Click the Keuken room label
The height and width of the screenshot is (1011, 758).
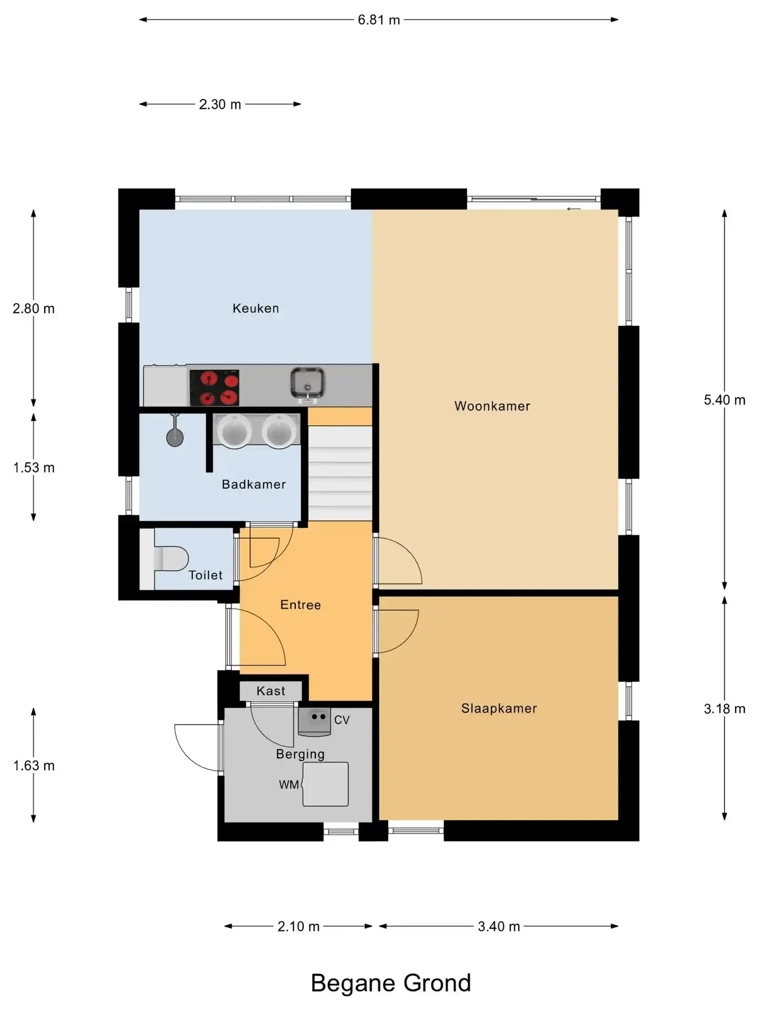pyautogui.click(x=256, y=309)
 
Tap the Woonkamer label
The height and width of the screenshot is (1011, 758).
pyautogui.click(x=492, y=406)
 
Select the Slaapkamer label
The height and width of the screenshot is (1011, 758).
pyautogui.click(x=499, y=709)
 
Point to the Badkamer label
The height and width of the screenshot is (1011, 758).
pyautogui.click(x=254, y=484)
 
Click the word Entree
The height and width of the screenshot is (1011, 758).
pyautogui.click(x=301, y=605)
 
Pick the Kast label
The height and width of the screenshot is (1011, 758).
pyautogui.click(x=271, y=691)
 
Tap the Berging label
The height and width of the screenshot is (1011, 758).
pyautogui.click(x=301, y=755)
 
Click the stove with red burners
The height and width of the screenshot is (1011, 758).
pyautogui.click(x=214, y=388)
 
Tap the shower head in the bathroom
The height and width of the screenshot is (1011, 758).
pyautogui.click(x=175, y=432)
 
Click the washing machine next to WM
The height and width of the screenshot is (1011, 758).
pyautogui.click(x=325, y=784)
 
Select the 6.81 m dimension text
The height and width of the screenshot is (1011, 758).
pyautogui.click(x=379, y=20)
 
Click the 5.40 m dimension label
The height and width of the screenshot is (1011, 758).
pyautogui.click(x=725, y=400)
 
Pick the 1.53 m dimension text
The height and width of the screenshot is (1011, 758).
pyautogui.click(x=34, y=468)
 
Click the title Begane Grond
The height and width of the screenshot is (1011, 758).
pyautogui.click(x=391, y=983)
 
